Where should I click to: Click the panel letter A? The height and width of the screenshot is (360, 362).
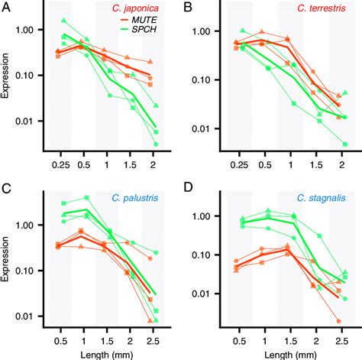pos(9,8)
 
